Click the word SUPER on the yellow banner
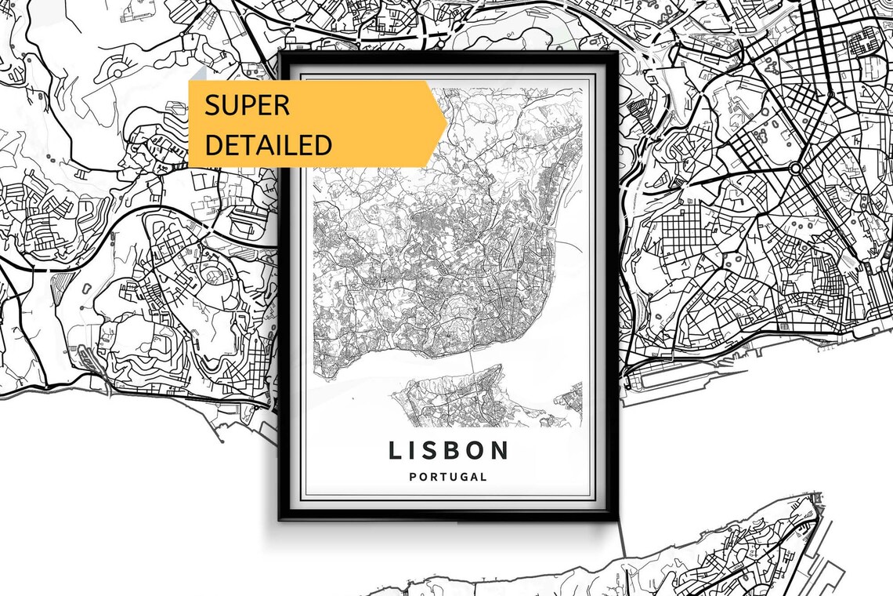tap(247, 105)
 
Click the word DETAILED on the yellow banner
tap(268, 145)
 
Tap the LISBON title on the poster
tap(448, 450)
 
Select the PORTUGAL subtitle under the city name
tap(448, 477)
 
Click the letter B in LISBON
tap(448, 450)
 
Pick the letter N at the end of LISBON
tap(500, 450)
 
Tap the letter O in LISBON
tap(474, 450)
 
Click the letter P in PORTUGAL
tap(413, 477)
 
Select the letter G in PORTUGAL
tap(461, 477)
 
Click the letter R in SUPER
tap(281, 105)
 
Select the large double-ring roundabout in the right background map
tap(796, 169)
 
